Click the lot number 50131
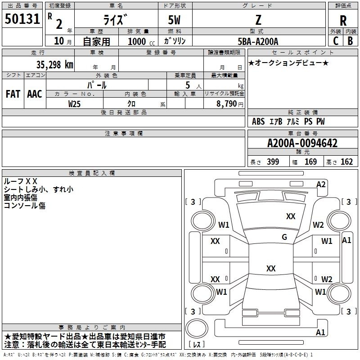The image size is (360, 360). tap(22, 19)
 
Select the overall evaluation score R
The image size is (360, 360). tap(343, 21)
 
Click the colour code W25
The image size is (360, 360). tap(74, 103)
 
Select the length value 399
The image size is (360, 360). tap(273, 162)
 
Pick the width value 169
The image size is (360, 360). tap(310, 162)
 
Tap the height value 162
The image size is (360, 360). tap(346, 162)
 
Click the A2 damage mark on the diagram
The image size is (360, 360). tap(321, 184)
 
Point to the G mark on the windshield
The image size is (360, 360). tap(284, 237)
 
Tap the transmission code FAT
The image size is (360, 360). tap(13, 94)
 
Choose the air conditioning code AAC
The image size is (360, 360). tap(34, 94)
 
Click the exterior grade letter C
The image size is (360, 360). tap(335, 41)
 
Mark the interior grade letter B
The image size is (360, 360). tap(351, 41)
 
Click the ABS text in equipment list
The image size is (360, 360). tap(258, 121)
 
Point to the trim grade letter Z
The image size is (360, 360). tap(258, 20)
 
